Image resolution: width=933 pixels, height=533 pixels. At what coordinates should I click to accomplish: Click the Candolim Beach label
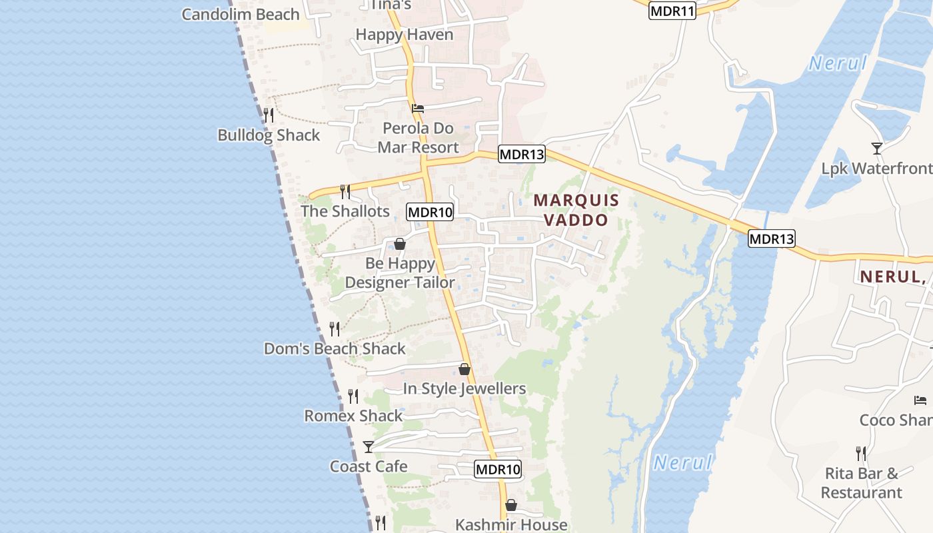(241, 14)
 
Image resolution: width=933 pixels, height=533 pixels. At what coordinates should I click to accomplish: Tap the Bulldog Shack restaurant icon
(268, 115)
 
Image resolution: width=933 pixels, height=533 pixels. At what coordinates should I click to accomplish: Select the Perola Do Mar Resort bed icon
(418, 108)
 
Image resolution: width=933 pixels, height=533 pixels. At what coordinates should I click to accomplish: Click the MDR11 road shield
(672, 11)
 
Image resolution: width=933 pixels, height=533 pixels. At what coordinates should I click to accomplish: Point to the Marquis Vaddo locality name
(576, 210)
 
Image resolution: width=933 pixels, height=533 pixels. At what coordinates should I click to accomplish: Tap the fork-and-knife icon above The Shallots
(345, 192)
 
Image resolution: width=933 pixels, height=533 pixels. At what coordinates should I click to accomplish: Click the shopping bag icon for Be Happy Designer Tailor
(400, 244)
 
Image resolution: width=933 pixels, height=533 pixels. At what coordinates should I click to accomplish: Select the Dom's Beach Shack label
(335, 348)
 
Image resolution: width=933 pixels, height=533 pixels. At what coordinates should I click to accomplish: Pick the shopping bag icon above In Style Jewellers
(465, 368)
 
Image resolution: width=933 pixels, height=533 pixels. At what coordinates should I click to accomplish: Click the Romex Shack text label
(353, 416)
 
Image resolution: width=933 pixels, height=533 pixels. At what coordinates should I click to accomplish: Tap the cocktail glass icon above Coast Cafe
(369, 446)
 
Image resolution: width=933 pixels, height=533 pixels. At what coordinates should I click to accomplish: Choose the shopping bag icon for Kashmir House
(511, 505)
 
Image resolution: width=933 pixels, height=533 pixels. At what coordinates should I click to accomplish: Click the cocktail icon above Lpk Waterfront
(877, 149)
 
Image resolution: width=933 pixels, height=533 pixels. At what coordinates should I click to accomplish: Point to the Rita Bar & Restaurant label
(861, 483)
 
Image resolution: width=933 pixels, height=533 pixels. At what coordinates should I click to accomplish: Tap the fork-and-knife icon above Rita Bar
(861, 454)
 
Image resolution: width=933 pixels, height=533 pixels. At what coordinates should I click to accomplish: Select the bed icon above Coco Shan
(920, 400)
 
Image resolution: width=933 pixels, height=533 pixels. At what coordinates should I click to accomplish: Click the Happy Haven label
(405, 35)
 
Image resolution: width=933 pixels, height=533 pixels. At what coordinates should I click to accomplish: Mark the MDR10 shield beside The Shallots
(430, 213)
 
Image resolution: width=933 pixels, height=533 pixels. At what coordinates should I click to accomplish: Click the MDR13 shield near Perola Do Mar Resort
(522, 155)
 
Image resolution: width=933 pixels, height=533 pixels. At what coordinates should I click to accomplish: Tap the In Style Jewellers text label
(465, 388)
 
